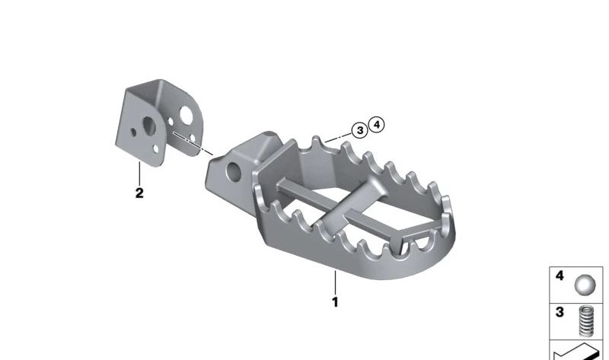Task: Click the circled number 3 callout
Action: pos(359,130)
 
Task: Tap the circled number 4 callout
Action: pos(376,125)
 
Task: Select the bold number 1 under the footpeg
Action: pos(335,301)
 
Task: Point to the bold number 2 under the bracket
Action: pos(139,193)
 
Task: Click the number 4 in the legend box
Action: pos(560,276)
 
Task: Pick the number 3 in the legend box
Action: pos(560,312)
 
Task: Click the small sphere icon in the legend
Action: pos(585,285)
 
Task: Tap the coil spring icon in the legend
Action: pos(586,320)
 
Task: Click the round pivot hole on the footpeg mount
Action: pos(234,172)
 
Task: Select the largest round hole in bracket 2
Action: pos(187,116)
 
